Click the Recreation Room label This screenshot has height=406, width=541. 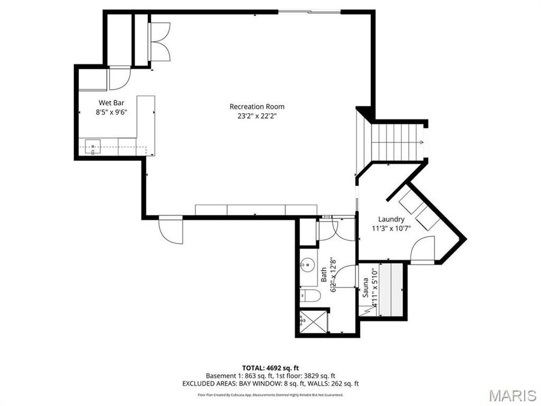click(257, 106)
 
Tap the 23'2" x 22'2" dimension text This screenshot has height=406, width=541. click(257, 116)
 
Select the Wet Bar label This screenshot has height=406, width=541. click(111, 102)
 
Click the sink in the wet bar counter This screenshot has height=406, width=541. click(93, 146)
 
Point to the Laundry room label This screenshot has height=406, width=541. click(391, 220)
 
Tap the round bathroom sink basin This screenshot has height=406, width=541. click(308, 265)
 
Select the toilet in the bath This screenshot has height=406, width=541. click(308, 295)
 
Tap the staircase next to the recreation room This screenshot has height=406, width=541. click(397, 142)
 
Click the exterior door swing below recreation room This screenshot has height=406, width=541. click(170, 231)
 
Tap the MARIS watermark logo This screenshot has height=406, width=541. click(512, 395)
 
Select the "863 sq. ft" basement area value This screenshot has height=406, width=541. click(253, 375)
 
